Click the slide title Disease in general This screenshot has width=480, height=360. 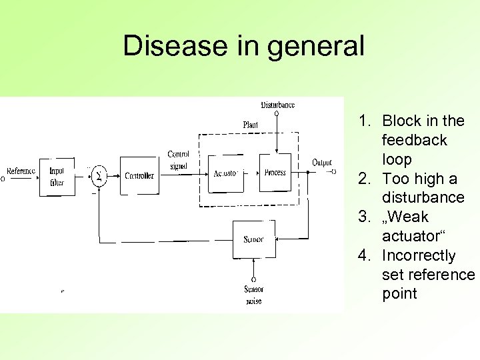[x=244, y=46]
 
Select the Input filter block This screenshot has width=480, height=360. [x=57, y=175]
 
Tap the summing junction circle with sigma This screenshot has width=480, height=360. [x=99, y=176]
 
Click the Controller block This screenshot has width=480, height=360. [x=139, y=176]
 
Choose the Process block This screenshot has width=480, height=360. [x=275, y=173]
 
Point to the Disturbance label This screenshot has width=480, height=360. [x=277, y=105]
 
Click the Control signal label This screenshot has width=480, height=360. [x=178, y=160]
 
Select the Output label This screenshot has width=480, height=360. [x=321, y=163]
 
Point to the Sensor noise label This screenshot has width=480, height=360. [x=253, y=295]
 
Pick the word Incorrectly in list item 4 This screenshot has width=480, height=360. [x=419, y=256]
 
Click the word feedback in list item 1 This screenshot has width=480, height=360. [x=414, y=141]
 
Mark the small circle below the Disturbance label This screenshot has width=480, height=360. [x=277, y=113]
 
